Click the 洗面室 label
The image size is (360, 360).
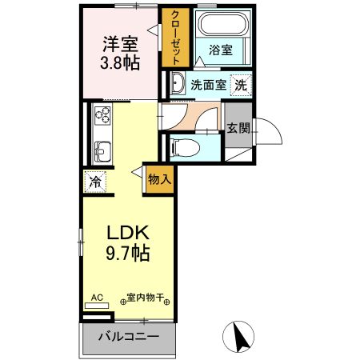pos(206,84)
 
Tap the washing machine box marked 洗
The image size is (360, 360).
pos(240,84)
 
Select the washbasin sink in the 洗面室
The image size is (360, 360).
pos(177,83)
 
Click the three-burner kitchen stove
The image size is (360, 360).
pos(102,115)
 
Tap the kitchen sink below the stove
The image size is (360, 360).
pos(102,150)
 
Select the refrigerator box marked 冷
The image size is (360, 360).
pos(95,182)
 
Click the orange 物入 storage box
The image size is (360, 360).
pos(159,180)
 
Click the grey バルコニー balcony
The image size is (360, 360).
pos(128,335)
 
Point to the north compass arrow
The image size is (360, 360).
pos(238,334)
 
